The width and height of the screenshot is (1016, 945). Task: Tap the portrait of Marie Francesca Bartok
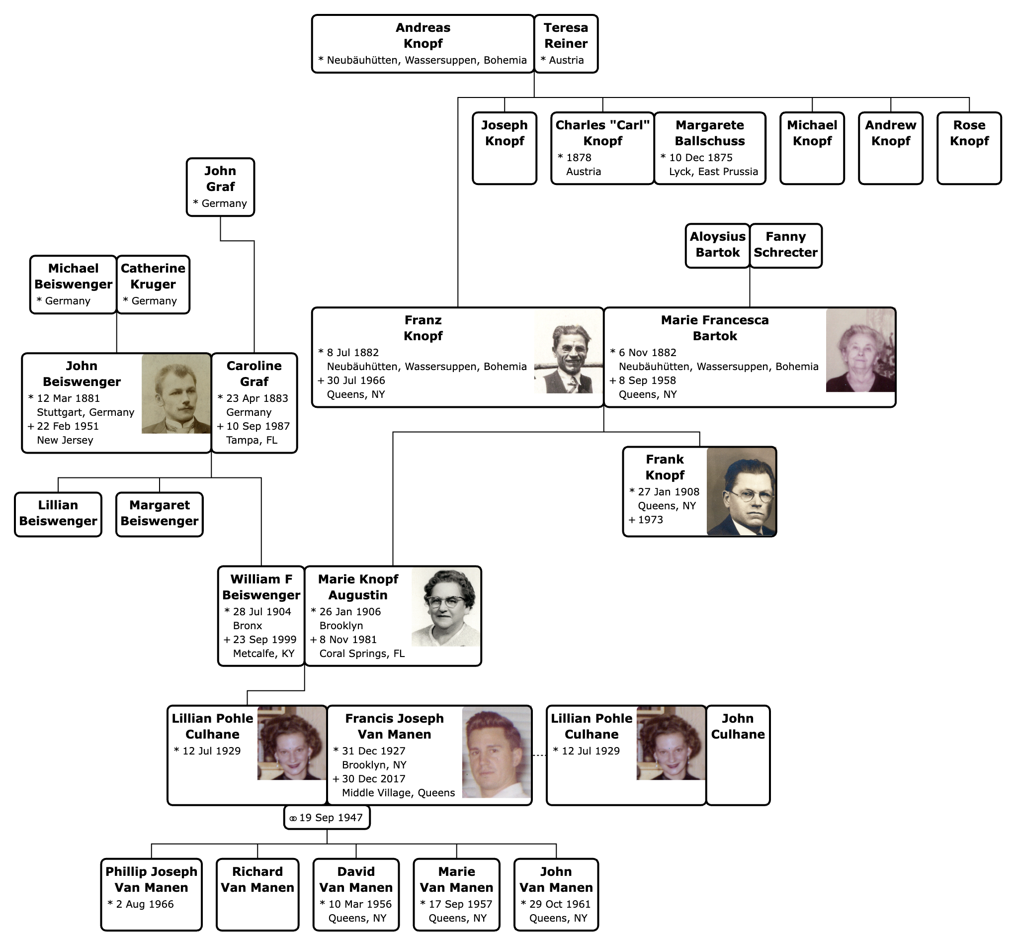pyautogui.click(x=860, y=350)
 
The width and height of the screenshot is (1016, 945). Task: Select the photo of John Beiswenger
pyautogui.click(x=176, y=394)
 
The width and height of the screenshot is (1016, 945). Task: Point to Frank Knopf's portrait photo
pyautogui.click(x=741, y=492)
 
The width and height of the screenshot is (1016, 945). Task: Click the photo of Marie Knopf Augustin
pyautogui.click(x=446, y=607)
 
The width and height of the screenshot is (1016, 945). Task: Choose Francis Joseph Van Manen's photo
pyautogui.click(x=496, y=752)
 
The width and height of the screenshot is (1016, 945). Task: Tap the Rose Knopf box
pyautogui.click(x=969, y=148)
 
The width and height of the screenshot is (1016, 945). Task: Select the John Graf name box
pyautogui.click(x=220, y=187)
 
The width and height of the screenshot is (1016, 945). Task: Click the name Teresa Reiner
pyautogui.click(x=566, y=35)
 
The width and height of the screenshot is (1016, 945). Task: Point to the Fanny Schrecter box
pyautogui.click(x=785, y=246)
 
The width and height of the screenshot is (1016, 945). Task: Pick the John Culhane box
pyautogui.click(x=738, y=756)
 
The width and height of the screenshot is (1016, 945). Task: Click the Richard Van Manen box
pyautogui.click(x=257, y=894)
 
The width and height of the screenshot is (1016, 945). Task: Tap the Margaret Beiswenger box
pyautogui.click(x=160, y=514)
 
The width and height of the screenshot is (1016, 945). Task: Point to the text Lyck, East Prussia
pyautogui.click(x=713, y=172)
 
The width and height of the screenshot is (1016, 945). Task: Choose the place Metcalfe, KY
pyautogui.click(x=264, y=654)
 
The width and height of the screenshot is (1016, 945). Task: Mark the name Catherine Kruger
pyautogui.click(x=153, y=276)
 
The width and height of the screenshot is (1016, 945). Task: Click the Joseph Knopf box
pyautogui.click(x=505, y=148)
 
